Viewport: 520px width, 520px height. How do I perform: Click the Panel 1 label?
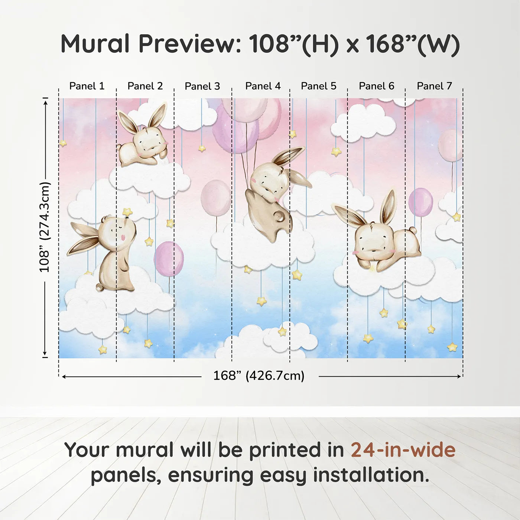87,86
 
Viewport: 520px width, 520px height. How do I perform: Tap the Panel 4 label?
263,86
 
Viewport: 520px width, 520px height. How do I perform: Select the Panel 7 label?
434,86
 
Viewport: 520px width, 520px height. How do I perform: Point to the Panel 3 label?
202,86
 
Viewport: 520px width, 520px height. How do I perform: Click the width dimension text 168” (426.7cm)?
259,376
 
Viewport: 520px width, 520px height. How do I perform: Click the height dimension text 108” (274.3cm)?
45,227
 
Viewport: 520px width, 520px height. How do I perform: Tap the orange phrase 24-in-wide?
403,450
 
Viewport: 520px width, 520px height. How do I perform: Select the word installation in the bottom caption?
371,475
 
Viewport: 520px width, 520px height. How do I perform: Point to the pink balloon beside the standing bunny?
169,259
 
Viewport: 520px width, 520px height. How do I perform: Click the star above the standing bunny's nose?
127,212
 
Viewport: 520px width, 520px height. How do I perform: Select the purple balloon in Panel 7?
420,202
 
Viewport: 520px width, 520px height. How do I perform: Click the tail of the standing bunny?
100,287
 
